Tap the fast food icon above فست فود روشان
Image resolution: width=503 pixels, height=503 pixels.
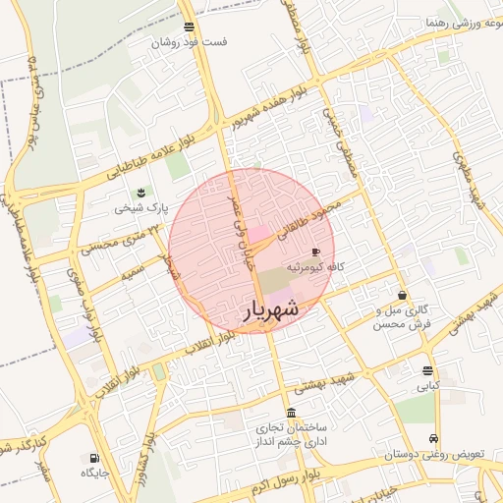[188, 27]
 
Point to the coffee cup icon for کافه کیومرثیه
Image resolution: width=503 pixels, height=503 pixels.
[314, 252]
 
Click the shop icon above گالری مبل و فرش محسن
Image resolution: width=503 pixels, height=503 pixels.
[402, 295]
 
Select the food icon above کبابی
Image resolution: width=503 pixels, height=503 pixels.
[427, 370]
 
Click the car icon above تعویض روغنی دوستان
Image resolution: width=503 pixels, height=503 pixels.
[433, 438]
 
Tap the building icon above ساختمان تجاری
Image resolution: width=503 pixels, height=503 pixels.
[290, 414]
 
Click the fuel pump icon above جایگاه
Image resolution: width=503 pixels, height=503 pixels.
[93, 457]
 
